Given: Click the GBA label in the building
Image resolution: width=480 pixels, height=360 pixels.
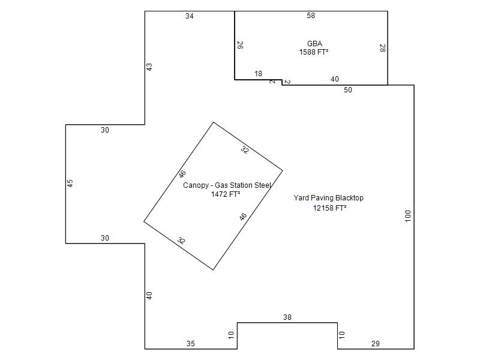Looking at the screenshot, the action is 314,43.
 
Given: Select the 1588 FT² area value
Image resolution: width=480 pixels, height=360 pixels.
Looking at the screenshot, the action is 314,52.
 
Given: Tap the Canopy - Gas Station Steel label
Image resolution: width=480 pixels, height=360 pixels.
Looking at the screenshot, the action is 227,185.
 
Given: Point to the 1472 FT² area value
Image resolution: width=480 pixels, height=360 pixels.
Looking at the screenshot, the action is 226,194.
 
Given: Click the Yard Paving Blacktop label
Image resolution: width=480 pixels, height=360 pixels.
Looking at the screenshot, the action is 328,198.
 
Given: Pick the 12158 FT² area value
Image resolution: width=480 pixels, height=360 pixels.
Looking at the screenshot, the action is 329,208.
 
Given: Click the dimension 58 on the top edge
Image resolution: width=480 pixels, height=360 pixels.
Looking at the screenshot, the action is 311,16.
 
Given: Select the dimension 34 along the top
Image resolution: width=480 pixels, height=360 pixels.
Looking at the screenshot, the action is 190,16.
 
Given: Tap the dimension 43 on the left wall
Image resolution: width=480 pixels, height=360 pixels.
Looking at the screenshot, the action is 149,67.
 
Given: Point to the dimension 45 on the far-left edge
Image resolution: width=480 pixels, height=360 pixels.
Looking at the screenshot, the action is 70,184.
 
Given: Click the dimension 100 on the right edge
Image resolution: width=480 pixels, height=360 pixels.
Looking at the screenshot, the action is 408,216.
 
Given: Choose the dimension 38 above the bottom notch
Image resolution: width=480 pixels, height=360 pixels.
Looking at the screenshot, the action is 287,317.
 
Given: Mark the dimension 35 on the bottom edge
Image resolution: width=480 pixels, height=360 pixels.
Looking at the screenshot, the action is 191,343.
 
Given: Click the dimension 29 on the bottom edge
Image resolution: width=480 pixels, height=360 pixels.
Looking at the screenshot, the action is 376,343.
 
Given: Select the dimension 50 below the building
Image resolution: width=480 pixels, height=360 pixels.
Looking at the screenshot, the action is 348,89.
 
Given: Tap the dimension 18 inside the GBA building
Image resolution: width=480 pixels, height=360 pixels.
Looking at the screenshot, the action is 259,73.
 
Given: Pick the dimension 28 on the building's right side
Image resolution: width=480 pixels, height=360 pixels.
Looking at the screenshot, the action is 382,48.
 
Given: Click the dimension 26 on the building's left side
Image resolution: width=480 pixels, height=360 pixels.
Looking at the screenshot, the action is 241,46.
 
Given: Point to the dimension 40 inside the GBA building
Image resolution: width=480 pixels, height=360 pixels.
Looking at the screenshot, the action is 335,79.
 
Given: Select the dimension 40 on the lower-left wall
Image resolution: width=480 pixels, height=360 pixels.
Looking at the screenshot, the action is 149,296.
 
